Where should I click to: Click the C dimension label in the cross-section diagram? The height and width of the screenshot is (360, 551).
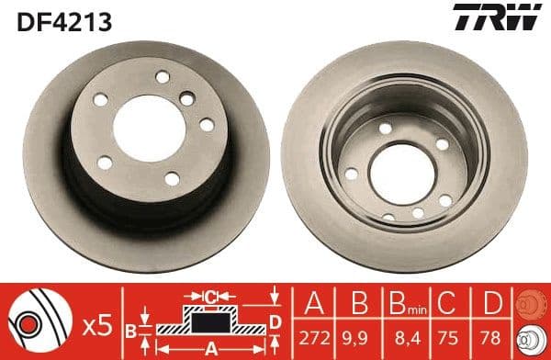point(211,296)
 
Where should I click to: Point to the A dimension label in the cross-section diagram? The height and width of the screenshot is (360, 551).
point(210,348)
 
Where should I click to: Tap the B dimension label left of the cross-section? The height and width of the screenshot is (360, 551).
point(131,328)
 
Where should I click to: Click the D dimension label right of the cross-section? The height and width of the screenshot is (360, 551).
point(275,321)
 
